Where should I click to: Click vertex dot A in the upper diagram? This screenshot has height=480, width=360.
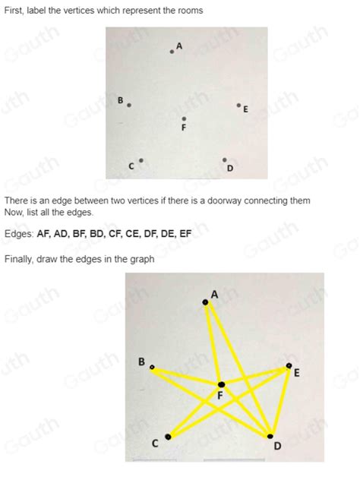click(x=172, y=52)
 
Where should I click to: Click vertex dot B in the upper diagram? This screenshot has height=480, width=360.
click(x=129, y=106)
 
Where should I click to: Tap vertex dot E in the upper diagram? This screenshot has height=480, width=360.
click(x=238, y=106)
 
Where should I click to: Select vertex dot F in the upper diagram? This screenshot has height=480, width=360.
click(x=184, y=118)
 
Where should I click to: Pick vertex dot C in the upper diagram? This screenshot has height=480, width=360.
click(x=141, y=160)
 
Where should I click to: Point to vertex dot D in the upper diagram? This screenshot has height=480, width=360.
click(x=224, y=160)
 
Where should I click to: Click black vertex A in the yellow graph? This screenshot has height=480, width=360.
click(x=205, y=302)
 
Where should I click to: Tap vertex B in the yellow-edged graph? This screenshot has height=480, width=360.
click(x=152, y=368)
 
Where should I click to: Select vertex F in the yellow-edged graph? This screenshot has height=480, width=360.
click(x=221, y=384)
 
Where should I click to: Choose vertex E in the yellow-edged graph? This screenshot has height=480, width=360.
click(x=288, y=366)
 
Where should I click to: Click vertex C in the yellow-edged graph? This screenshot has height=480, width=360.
click(x=168, y=436)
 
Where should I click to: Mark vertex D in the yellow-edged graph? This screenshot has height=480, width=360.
click(x=270, y=436)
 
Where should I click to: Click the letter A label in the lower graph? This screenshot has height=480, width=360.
click(x=214, y=294)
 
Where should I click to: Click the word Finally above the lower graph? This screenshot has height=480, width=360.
click(x=21, y=259)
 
